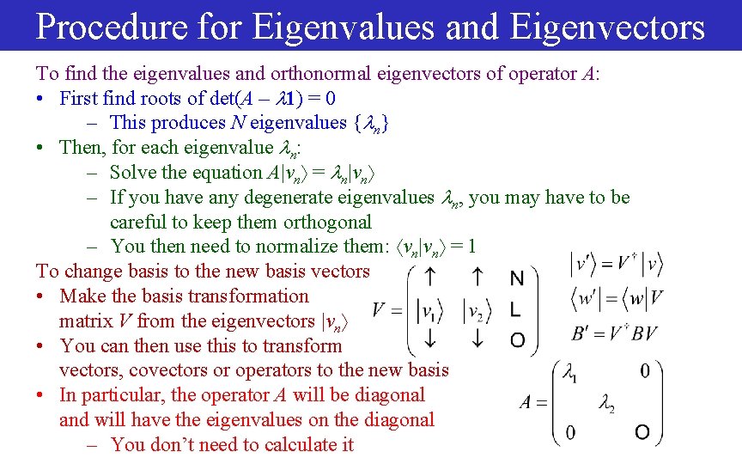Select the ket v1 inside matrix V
pos(428,309)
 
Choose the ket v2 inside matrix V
pos(477,309)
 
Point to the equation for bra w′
pos(617,299)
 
